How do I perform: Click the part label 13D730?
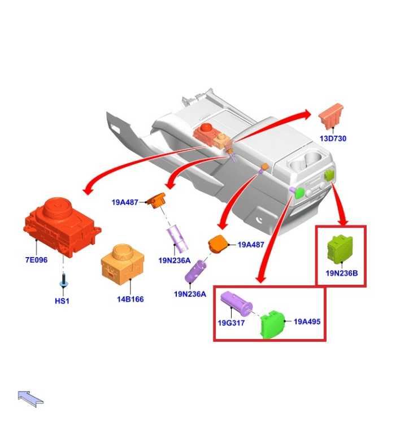tap(333, 138)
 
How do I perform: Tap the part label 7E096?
tap(36, 261)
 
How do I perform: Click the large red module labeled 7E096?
tap(59, 223)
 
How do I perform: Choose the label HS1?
tap(62, 301)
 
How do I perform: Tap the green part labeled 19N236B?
tap(340, 249)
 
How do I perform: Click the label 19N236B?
tap(341, 274)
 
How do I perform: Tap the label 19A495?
tap(307, 322)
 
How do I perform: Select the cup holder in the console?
tap(306, 162)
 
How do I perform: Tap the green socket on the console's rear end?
tap(329, 175)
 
